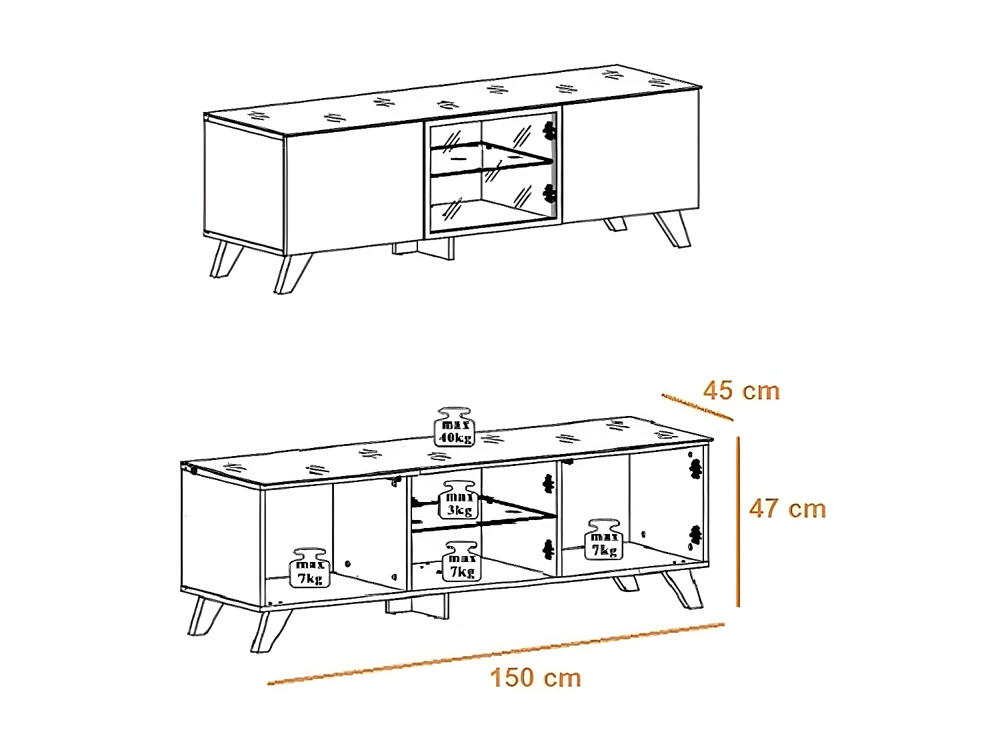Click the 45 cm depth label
[x=741, y=391]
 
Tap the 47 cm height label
[x=787, y=509]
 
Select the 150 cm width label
[x=535, y=678]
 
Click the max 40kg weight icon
[x=455, y=427]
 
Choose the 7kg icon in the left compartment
[x=310, y=569]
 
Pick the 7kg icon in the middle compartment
[x=462, y=561]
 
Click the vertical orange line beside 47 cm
[x=738, y=521]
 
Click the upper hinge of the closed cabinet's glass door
[x=550, y=131]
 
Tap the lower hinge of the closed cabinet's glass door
[x=549, y=193]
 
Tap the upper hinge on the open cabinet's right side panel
[x=695, y=469]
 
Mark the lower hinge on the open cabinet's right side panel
[x=695, y=534]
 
